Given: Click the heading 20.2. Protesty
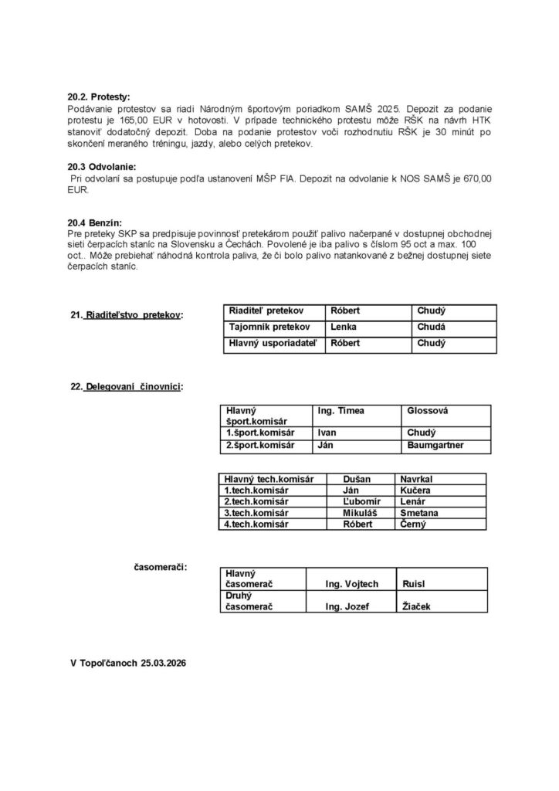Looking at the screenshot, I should coord(99,97).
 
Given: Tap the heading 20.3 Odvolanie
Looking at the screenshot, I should coord(101,167).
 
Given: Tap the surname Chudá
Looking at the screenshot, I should coord(431,327).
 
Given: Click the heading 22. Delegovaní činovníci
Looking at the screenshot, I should coord(127,386).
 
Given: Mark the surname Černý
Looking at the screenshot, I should coord(415,524).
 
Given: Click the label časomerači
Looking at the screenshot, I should coord(161,569).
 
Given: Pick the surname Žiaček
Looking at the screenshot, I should coord(417,607).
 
